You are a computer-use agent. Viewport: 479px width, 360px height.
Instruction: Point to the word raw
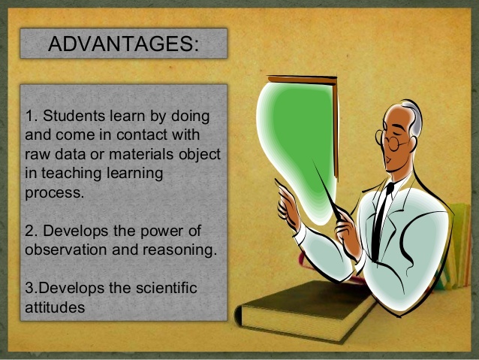click(37, 154)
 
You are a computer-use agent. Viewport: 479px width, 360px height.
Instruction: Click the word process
click(53, 192)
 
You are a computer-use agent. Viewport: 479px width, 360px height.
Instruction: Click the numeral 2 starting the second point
click(29, 230)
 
